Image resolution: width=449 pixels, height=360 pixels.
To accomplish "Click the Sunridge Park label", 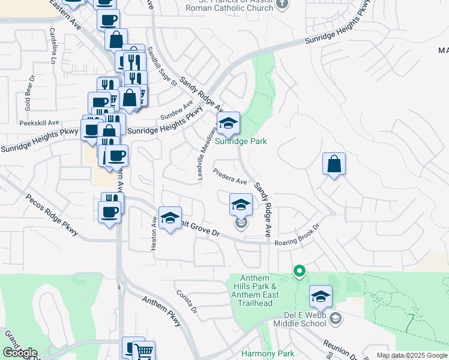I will [241, 142].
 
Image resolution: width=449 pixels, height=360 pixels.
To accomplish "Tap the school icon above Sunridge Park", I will [228, 124].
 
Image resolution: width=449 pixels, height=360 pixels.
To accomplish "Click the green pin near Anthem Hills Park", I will [299, 271].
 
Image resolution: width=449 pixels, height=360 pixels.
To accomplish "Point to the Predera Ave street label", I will [231, 177].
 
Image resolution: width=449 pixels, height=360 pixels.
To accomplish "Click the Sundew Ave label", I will [175, 110].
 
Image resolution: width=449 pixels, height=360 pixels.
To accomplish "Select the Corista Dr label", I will [187, 301].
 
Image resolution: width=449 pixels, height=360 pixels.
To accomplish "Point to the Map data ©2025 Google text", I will [411, 355].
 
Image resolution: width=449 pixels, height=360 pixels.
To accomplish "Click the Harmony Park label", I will [268, 354].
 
